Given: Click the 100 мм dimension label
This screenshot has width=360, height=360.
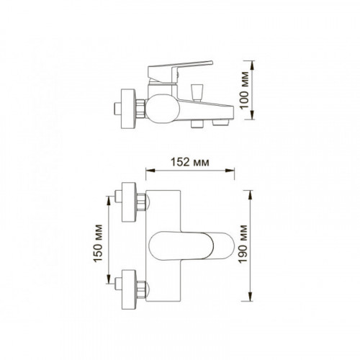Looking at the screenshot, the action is pyautogui.click(x=245, y=90).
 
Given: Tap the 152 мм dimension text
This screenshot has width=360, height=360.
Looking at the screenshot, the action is pyautogui.click(x=190, y=162).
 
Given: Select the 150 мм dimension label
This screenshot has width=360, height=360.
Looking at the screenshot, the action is pyautogui.click(x=98, y=243).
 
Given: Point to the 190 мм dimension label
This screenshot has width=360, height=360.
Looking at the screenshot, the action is pyautogui.click(x=243, y=244).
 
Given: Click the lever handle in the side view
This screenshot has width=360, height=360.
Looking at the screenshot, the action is pyautogui.click(x=180, y=70).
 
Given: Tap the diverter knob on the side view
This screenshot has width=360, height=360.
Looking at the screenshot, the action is pyautogui.click(x=197, y=92).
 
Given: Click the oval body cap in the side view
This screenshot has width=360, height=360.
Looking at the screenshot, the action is pyautogui.click(x=163, y=109).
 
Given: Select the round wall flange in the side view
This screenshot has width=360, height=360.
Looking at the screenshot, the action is pyautogui.click(x=128, y=109).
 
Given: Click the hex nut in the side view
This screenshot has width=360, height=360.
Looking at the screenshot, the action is pyautogui.click(x=140, y=109).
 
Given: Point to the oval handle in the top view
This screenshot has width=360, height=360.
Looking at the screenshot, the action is pyautogui.click(x=192, y=246).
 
